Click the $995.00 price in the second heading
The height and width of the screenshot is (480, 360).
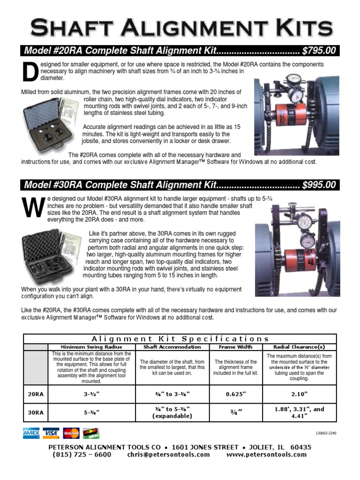[x=319, y=185]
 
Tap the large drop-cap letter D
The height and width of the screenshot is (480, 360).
[x=30, y=71]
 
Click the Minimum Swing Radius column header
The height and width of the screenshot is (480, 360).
[x=91, y=347]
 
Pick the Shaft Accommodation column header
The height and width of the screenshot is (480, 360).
[x=172, y=347]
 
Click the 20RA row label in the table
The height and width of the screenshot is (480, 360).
[x=35, y=394]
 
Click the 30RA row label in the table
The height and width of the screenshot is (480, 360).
[x=35, y=412]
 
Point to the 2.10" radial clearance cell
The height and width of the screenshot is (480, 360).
[x=299, y=394]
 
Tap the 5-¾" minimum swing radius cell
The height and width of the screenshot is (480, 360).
[x=91, y=412]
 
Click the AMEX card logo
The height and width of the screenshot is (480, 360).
[x=31, y=434]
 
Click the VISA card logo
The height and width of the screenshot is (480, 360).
[x=51, y=434]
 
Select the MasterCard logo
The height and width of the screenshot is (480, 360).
[x=71, y=434]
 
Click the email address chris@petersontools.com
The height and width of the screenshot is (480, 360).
[x=169, y=455]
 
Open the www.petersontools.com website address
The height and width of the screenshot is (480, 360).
[x=266, y=455]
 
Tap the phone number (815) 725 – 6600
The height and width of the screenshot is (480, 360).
[x=82, y=455]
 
